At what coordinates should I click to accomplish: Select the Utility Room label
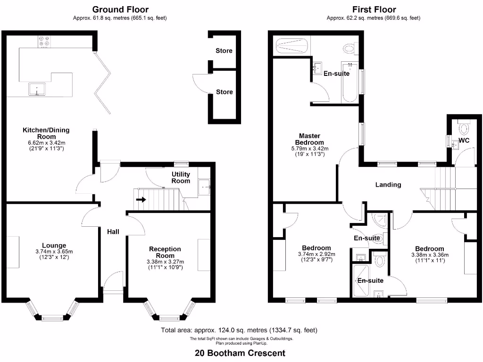click(x=181, y=178)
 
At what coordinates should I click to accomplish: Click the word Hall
click(x=113, y=231)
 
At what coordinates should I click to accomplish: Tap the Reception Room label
click(x=165, y=252)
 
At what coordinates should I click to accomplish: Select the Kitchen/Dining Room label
click(x=42, y=133)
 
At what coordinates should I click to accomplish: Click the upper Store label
click(x=224, y=50)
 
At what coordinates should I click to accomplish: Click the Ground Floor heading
click(x=120, y=9)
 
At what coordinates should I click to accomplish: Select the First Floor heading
click(x=374, y=9)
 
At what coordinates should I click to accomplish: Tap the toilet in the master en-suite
click(x=350, y=48)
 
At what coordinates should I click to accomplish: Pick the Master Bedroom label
click(x=309, y=139)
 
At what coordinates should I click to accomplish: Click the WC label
click(x=464, y=140)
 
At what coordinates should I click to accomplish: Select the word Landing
click(x=388, y=185)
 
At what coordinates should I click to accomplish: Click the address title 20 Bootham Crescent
click(x=240, y=353)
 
